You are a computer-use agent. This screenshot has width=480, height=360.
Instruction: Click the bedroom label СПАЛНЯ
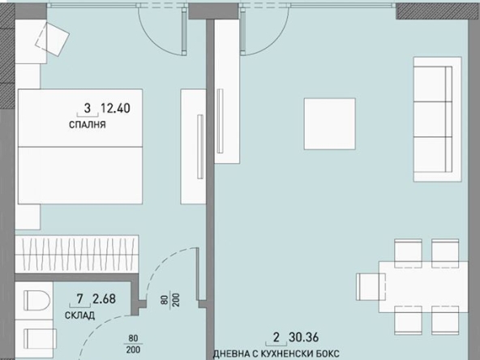tap(88, 126)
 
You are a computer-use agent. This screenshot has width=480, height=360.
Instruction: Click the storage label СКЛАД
tap(80, 315)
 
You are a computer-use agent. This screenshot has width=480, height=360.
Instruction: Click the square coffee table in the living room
tap(330, 123)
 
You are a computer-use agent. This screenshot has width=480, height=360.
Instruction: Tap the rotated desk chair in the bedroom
tap(58, 37)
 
